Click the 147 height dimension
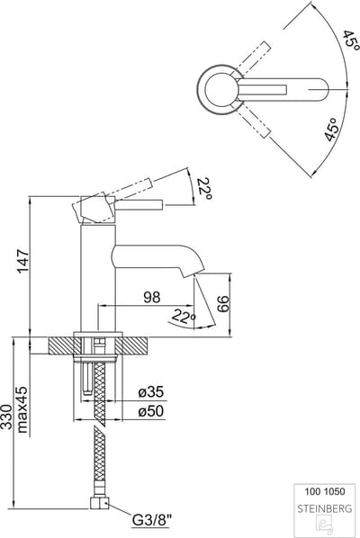23,261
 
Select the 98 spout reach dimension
152,297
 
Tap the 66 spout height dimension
223,304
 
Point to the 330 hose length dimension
6,417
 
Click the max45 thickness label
22,410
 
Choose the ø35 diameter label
151,391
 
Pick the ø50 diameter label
151,411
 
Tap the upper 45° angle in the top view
350,40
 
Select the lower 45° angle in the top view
331,130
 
